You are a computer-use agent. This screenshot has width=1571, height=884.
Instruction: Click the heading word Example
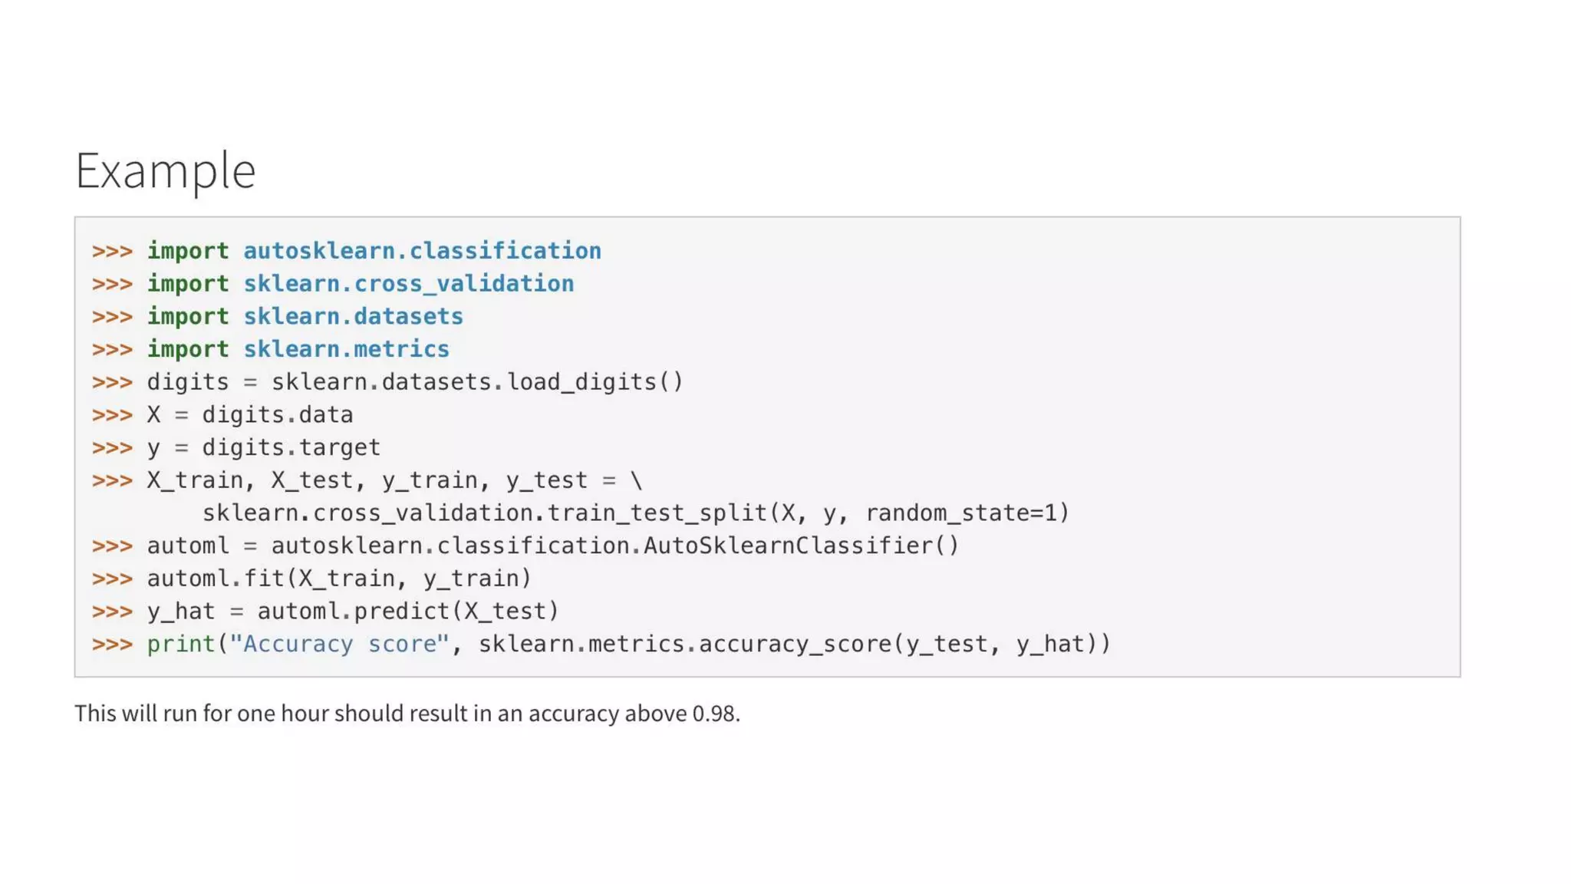(x=165, y=170)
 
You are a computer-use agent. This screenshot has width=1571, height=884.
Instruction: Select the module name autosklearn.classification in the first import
(x=422, y=251)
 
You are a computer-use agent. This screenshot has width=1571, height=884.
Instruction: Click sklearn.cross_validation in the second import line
(x=408, y=284)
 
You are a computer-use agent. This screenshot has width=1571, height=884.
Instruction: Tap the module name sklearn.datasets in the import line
(x=353, y=317)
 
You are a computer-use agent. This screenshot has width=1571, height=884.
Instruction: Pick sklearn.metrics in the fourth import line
(x=346, y=349)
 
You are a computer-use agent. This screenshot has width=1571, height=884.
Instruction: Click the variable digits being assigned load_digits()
(x=187, y=382)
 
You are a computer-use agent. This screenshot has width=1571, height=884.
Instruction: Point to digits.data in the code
(x=277, y=415)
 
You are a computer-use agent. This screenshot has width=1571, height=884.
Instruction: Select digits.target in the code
(x=291, y=447)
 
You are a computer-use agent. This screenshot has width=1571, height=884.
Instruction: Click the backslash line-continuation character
(x=636, y=480)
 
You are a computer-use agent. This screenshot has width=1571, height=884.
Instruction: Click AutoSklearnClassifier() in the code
(x=801, y=546)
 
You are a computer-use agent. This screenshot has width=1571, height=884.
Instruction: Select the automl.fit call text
(x=338, y=579)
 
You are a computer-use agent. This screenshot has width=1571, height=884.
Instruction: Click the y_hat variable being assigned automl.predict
(x=180, y=612)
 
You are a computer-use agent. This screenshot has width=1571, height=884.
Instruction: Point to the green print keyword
(x=181, y=644)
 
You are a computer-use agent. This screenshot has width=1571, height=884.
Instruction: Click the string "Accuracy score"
(x=339, y=644)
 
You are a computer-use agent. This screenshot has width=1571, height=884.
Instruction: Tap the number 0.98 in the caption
(x=713, y=714)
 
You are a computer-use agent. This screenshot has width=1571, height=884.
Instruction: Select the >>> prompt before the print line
(x=112, y=644)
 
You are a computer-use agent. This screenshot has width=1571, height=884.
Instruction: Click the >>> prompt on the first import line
(x=112, y=251)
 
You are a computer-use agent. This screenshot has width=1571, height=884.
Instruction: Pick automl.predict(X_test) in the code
(x=407, y=612)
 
